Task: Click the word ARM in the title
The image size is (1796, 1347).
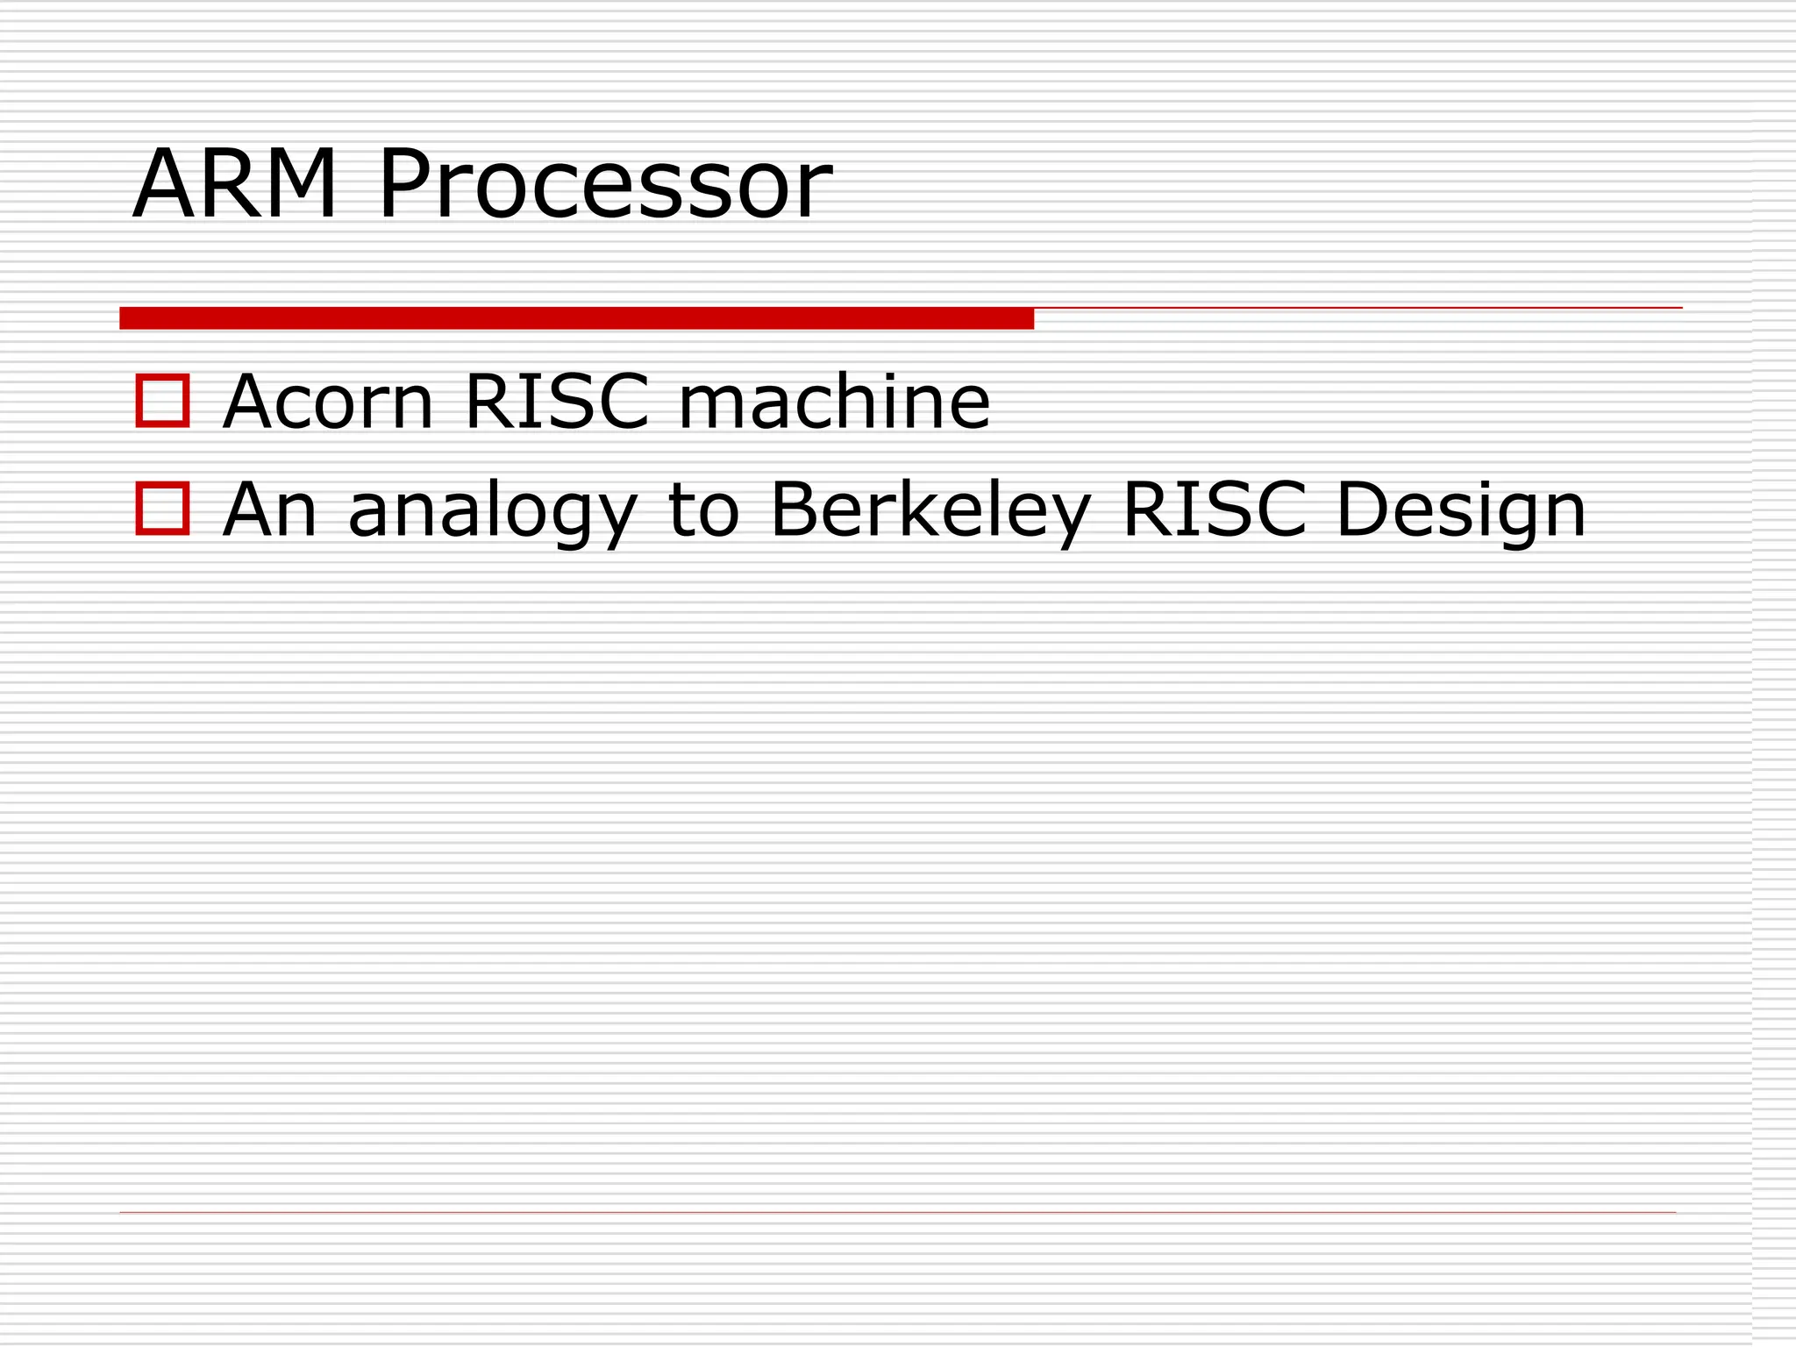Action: [234, 184]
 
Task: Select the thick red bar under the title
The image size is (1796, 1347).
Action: [576, 318]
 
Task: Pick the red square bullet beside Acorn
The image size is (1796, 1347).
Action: [162, 401]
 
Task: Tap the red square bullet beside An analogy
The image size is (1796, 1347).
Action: [162, 509]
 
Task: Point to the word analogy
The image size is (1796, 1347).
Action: [492, 513]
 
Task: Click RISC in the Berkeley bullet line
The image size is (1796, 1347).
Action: [1215, 510]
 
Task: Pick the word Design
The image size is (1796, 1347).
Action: [1461, 512]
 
